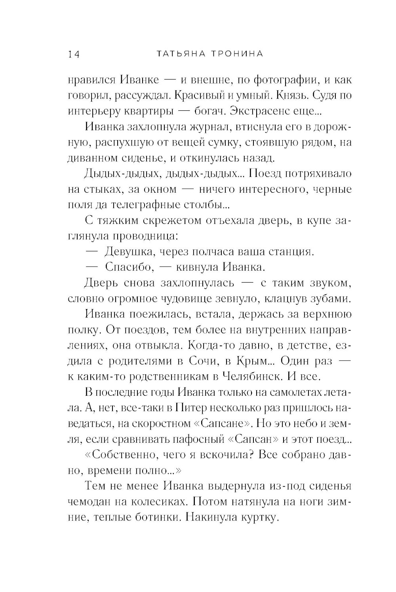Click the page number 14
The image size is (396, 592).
point(74,54)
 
